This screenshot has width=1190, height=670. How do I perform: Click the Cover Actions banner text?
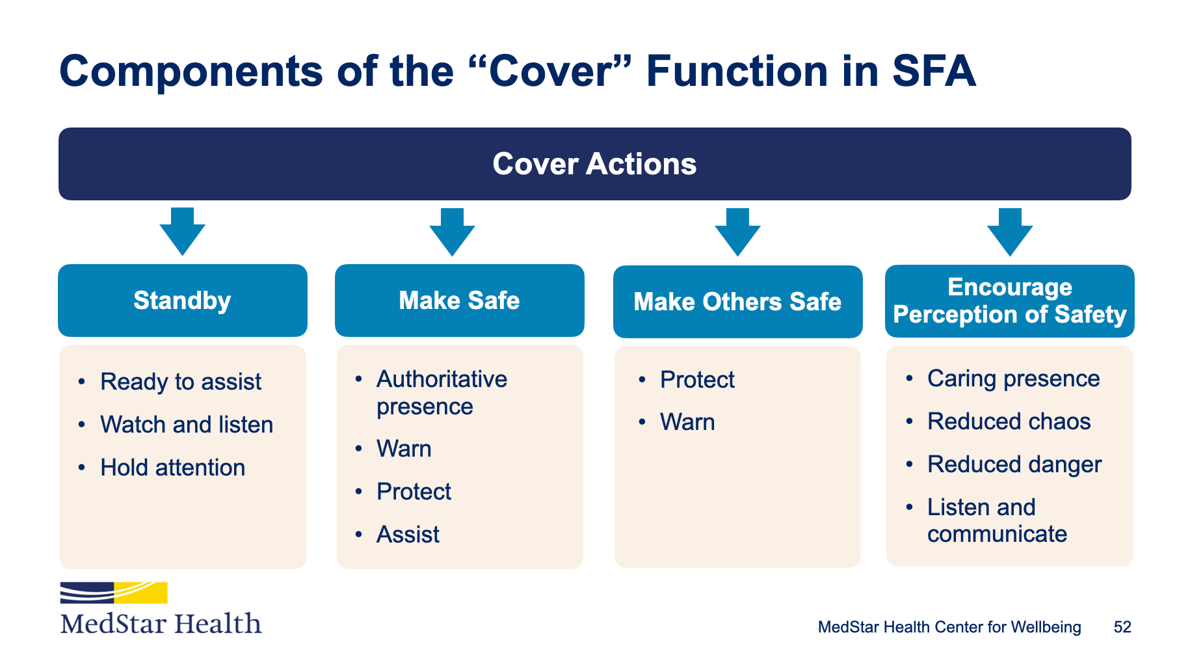point(594,164)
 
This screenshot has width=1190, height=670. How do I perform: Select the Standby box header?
point(183,301)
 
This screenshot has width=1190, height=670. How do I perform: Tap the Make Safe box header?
point(460,301)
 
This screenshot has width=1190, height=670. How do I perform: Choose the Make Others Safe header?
point(738,302)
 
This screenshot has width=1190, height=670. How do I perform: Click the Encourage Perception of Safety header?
point(1010,301)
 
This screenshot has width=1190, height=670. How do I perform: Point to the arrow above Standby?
point(183,232)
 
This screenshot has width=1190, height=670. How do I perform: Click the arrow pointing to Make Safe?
point(452,232)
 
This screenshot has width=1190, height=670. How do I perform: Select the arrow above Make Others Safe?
point(737,232)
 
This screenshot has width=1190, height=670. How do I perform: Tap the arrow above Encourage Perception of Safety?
point(1010,232)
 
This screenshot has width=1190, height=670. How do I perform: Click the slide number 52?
point(1122,627)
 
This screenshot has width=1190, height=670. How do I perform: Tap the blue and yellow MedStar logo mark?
point(114,593)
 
